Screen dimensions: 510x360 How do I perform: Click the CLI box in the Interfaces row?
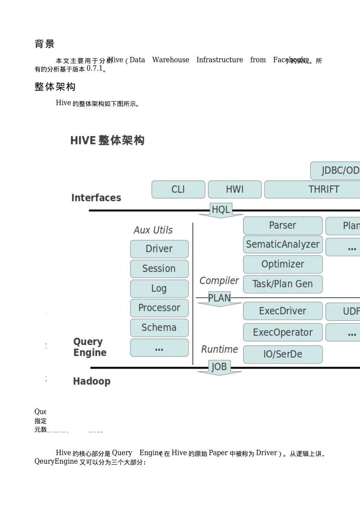[178, 189]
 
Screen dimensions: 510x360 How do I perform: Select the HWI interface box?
[235, 189]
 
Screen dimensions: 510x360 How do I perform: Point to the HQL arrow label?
[221, 210]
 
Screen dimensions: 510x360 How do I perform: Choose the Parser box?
[283, 225]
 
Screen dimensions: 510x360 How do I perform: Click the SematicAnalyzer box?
[283, 244]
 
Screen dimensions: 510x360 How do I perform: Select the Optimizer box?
[283, 264]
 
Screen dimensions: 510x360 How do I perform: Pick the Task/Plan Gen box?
[283, 284]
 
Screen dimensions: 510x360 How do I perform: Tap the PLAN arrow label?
[219, 298]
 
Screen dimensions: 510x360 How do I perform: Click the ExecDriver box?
[283, 311]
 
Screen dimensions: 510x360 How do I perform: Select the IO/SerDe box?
[283, 354]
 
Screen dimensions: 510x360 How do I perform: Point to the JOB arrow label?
[219, 367]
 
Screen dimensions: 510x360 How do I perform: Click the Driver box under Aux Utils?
[159, 249]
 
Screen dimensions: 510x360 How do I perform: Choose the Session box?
[159, 268]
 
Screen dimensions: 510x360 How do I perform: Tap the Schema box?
[159, 328]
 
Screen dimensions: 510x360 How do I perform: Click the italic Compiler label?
[219, 281]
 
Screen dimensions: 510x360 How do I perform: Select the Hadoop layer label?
[92, 381]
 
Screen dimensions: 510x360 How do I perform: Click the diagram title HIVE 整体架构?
[107, 140]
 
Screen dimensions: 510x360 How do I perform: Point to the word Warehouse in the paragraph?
[171, 60]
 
